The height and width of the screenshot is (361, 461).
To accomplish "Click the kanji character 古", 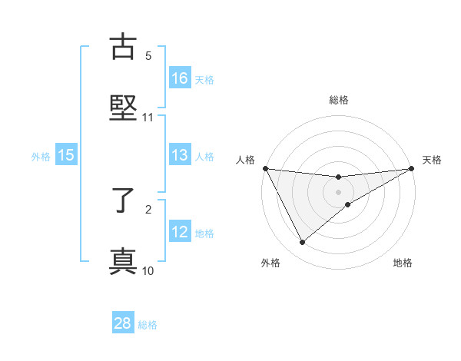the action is (x=124, y=47).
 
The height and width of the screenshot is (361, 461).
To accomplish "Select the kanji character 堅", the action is (x=124, y=108).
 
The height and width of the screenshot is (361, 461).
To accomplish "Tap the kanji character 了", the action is (x=124, y=200).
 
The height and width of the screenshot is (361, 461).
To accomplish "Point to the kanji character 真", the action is (x=124, y=262).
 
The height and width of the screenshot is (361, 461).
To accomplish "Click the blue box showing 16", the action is (x=180, y=78).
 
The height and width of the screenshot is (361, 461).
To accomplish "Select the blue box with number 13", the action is (x=180, y=155).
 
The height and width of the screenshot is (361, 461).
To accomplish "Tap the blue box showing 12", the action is (x=180, y=231).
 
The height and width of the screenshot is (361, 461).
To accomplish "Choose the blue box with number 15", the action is (x=66, y=155).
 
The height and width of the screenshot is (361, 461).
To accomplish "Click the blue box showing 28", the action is (x=123, y=323).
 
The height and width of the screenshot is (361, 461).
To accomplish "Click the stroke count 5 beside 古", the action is (x=148, y=56).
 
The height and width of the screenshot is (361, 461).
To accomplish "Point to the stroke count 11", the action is (x=148, y=118).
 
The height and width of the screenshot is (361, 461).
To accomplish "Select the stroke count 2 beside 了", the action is (x=148, y=209).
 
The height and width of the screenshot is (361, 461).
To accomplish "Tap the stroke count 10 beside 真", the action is (x=148, y=270).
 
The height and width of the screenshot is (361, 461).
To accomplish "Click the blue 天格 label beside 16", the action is (x=204, y=79).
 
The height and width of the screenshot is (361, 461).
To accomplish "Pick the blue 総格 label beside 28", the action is (x=148, y=325).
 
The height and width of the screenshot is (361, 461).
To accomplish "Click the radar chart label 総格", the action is (x=338, y=100).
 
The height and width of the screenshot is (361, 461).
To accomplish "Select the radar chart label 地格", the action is (x=403, y=263).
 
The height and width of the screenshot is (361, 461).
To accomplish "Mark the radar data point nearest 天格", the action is (x=411, y=169).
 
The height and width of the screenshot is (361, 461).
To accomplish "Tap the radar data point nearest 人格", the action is (x=266, y=169).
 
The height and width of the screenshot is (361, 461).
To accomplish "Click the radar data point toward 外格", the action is (x=302, y=243).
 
